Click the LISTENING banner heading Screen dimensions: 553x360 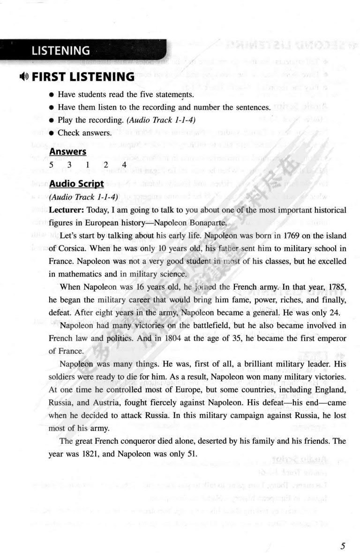60,51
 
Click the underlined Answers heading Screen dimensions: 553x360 67,151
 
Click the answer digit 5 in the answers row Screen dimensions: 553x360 51,164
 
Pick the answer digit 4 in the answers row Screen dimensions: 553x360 124,164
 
